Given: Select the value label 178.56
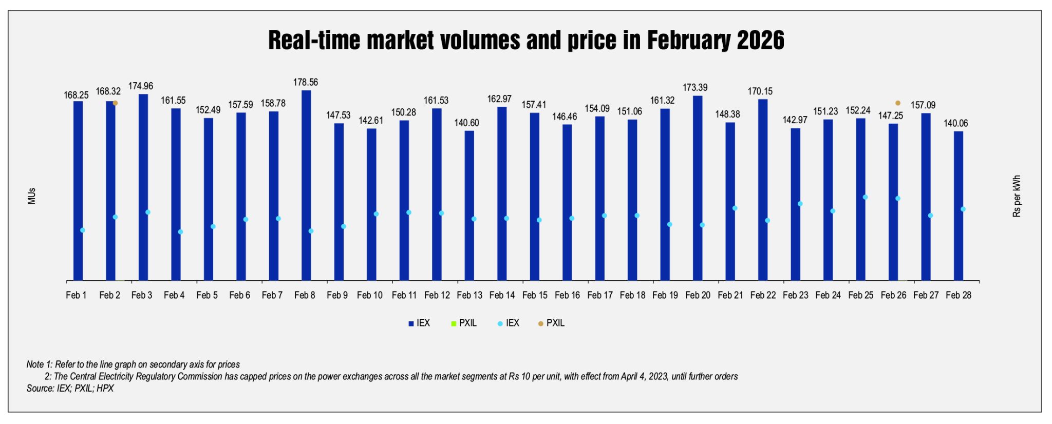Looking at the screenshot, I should pos(306,82).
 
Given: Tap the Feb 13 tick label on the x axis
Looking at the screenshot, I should pos(469,295).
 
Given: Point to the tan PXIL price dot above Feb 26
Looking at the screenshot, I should pos(898,103).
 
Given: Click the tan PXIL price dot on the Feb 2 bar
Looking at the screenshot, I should pos(115,103).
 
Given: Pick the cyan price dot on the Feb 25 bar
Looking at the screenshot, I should pos(865,197).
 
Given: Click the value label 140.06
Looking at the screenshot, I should pos(955,123).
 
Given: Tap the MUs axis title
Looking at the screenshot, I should pos(32,196).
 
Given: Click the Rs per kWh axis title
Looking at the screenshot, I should pos(1017,196).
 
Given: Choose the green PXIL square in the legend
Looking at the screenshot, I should pos(453,323).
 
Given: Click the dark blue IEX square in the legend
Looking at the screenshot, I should pos(411,323).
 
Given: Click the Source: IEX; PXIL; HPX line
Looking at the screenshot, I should pos(70,389).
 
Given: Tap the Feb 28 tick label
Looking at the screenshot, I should pos(958,295).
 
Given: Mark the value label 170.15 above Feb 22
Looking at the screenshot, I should pos(760,91).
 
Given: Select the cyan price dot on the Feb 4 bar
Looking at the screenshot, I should pos(180,232).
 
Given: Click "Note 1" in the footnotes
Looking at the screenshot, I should pos(39,364).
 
